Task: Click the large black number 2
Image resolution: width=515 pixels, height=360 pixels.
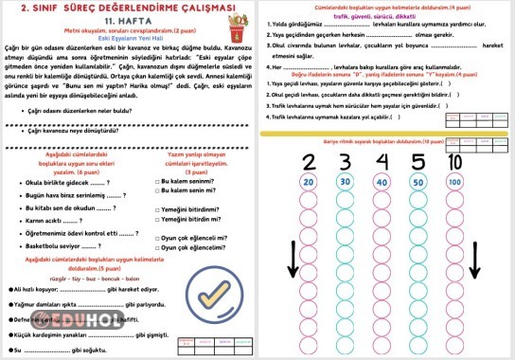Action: pos(309,160)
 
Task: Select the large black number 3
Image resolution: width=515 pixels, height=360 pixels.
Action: pos(346,160)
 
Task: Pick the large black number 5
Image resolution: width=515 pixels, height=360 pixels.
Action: pos(417,160)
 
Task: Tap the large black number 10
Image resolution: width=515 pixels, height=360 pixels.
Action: pos(454,160)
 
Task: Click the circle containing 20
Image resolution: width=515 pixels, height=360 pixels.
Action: pos(309,181)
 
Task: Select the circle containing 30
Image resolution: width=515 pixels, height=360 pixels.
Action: pos(346,181)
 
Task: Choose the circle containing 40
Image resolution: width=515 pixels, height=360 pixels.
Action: pos(382,181)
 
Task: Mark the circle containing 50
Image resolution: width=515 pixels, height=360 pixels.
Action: pos(417,181)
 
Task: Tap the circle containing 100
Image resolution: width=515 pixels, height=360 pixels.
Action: pos(454,181)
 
